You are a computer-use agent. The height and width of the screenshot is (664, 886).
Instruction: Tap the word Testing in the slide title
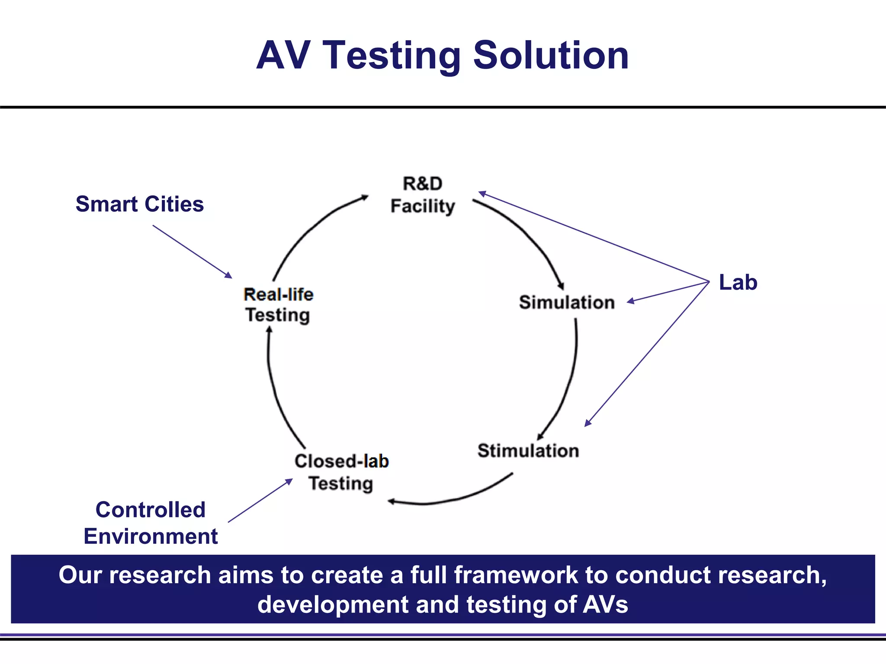pyautogui.click(x=392, y=56)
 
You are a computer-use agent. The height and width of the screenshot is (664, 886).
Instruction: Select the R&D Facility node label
pyautogui.click(x=423, y=195)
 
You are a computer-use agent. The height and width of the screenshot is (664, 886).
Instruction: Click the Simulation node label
pyautogui.click(x=567, y=302)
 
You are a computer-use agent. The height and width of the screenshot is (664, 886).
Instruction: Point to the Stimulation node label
pyautogui.click(x=528, y=450)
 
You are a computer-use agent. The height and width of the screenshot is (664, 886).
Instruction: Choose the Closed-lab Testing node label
pyautogui.click(x=341, y=472)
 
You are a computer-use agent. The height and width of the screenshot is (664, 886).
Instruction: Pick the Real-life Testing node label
pyautogui.click(x=278, y=305)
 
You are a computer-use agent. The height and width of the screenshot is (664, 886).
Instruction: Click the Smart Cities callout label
pyautogui.click(x=140, y=204)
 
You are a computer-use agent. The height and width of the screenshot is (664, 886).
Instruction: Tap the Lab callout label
pyautogui.click(x=738, y=282)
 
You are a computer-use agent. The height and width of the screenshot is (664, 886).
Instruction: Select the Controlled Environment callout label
pyautogui.click(x=151, y=523)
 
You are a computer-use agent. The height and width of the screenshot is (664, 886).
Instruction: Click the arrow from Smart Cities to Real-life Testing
pyautogui.click(x=192, y=251)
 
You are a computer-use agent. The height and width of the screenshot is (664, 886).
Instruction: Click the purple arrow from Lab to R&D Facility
pyautogui.click(x=593, y=236)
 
